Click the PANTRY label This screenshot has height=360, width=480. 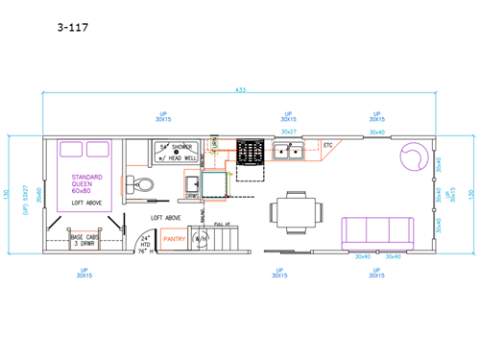pyautogui.click(x=173, y=238)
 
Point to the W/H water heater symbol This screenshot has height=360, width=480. pyautogui.click(x=201, y=238)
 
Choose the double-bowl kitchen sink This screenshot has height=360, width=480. pyautogui.click(x=287, y=152)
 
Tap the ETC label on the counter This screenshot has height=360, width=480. pyautogui.click(x=327, y=145)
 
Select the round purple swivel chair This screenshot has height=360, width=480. pyautogui.click(x=414, y=154)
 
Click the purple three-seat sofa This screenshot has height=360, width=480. pyautogui.click(x=377, y=231)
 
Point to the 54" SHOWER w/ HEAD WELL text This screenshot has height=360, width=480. pyautogui.click(x=178, y=151)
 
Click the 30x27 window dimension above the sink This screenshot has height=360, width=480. pyautogui.click(x=288, y=132)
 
